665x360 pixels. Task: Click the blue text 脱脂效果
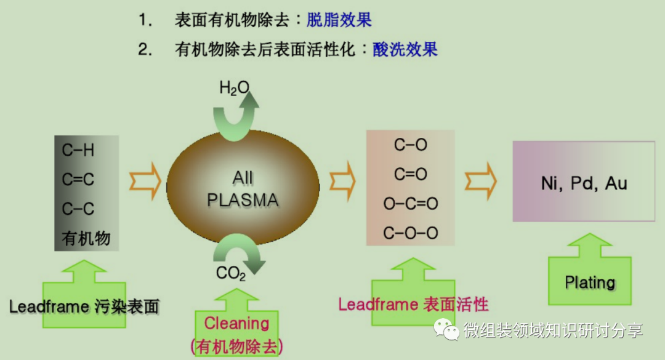[339, 20]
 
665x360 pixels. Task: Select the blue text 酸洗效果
[405, 50]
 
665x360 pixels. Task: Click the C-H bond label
[78, 150]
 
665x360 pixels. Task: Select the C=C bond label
[78, 180]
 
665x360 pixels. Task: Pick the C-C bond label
[78, 209]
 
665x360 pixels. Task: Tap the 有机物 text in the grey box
[86, 238]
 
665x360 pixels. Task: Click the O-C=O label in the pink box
[411, 204]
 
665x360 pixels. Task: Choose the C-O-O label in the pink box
[411, 233]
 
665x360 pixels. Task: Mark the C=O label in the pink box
[411, 175]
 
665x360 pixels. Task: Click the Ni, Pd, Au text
[584, 183]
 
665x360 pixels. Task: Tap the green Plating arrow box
[590, 281]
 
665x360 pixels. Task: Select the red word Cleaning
[237, 323]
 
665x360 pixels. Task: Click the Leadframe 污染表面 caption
[84, 306]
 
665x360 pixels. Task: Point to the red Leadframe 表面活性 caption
[413, 304]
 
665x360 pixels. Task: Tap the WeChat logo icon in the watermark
[447, 329]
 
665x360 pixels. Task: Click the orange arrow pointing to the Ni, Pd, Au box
[480, 181]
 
